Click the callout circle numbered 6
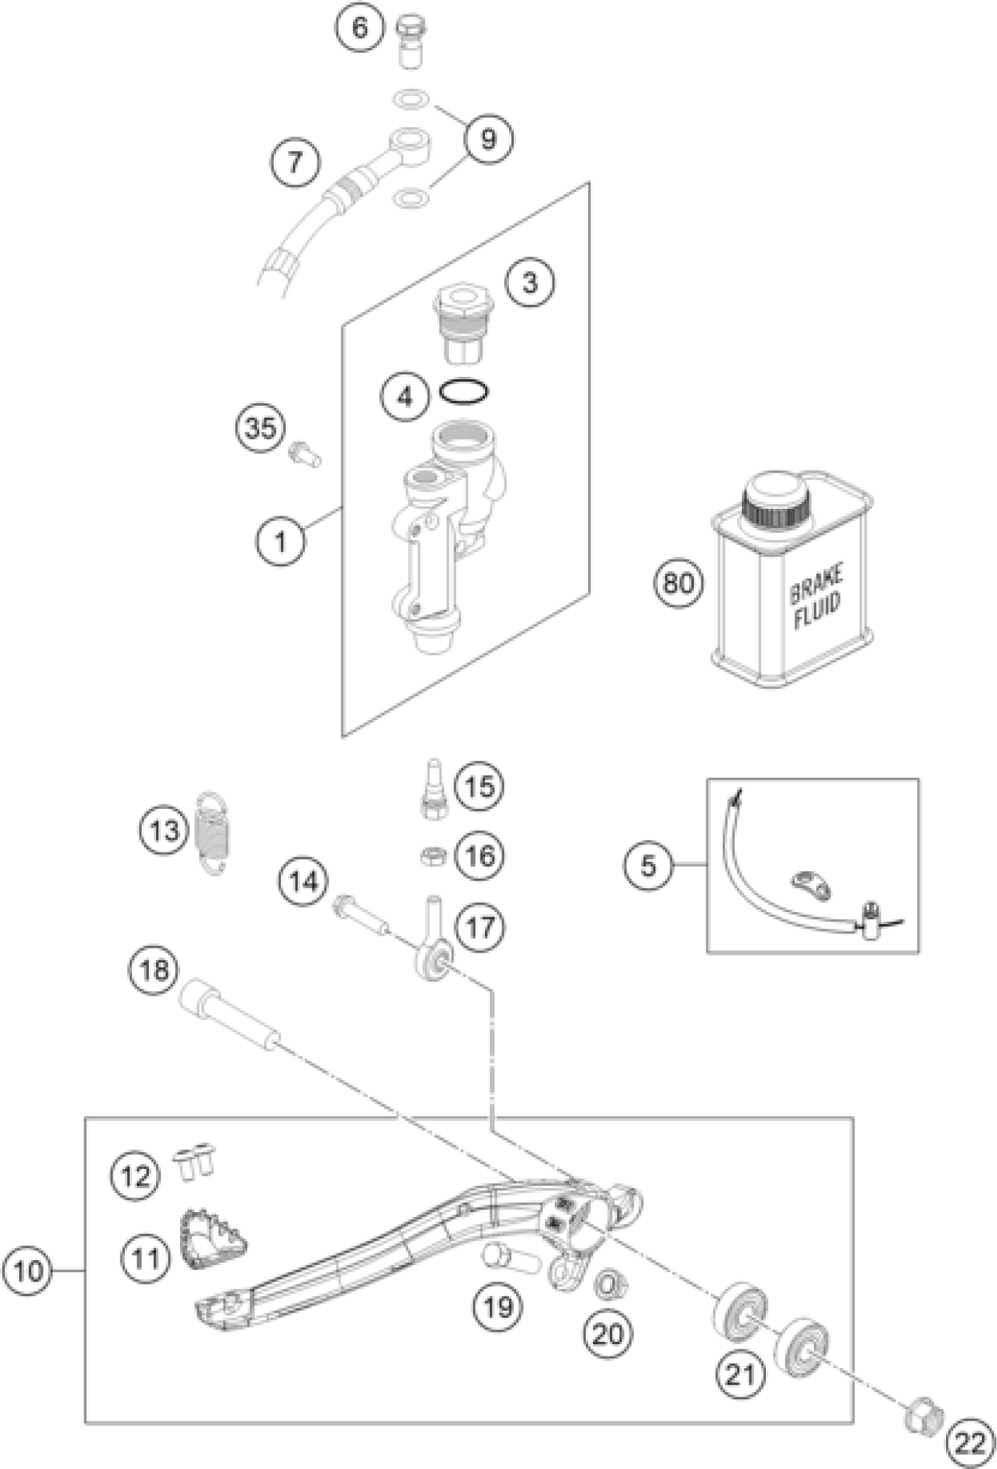[x=359, y=28]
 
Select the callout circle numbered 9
[x=489, y=139]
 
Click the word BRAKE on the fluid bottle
[x=816, y=586]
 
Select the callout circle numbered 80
[x=679, y=583]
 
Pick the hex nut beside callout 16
[x=434, y=856]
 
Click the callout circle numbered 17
[x=480, y=928]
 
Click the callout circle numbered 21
[x=741, y=1373]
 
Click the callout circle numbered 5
[x=649, y=865]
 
